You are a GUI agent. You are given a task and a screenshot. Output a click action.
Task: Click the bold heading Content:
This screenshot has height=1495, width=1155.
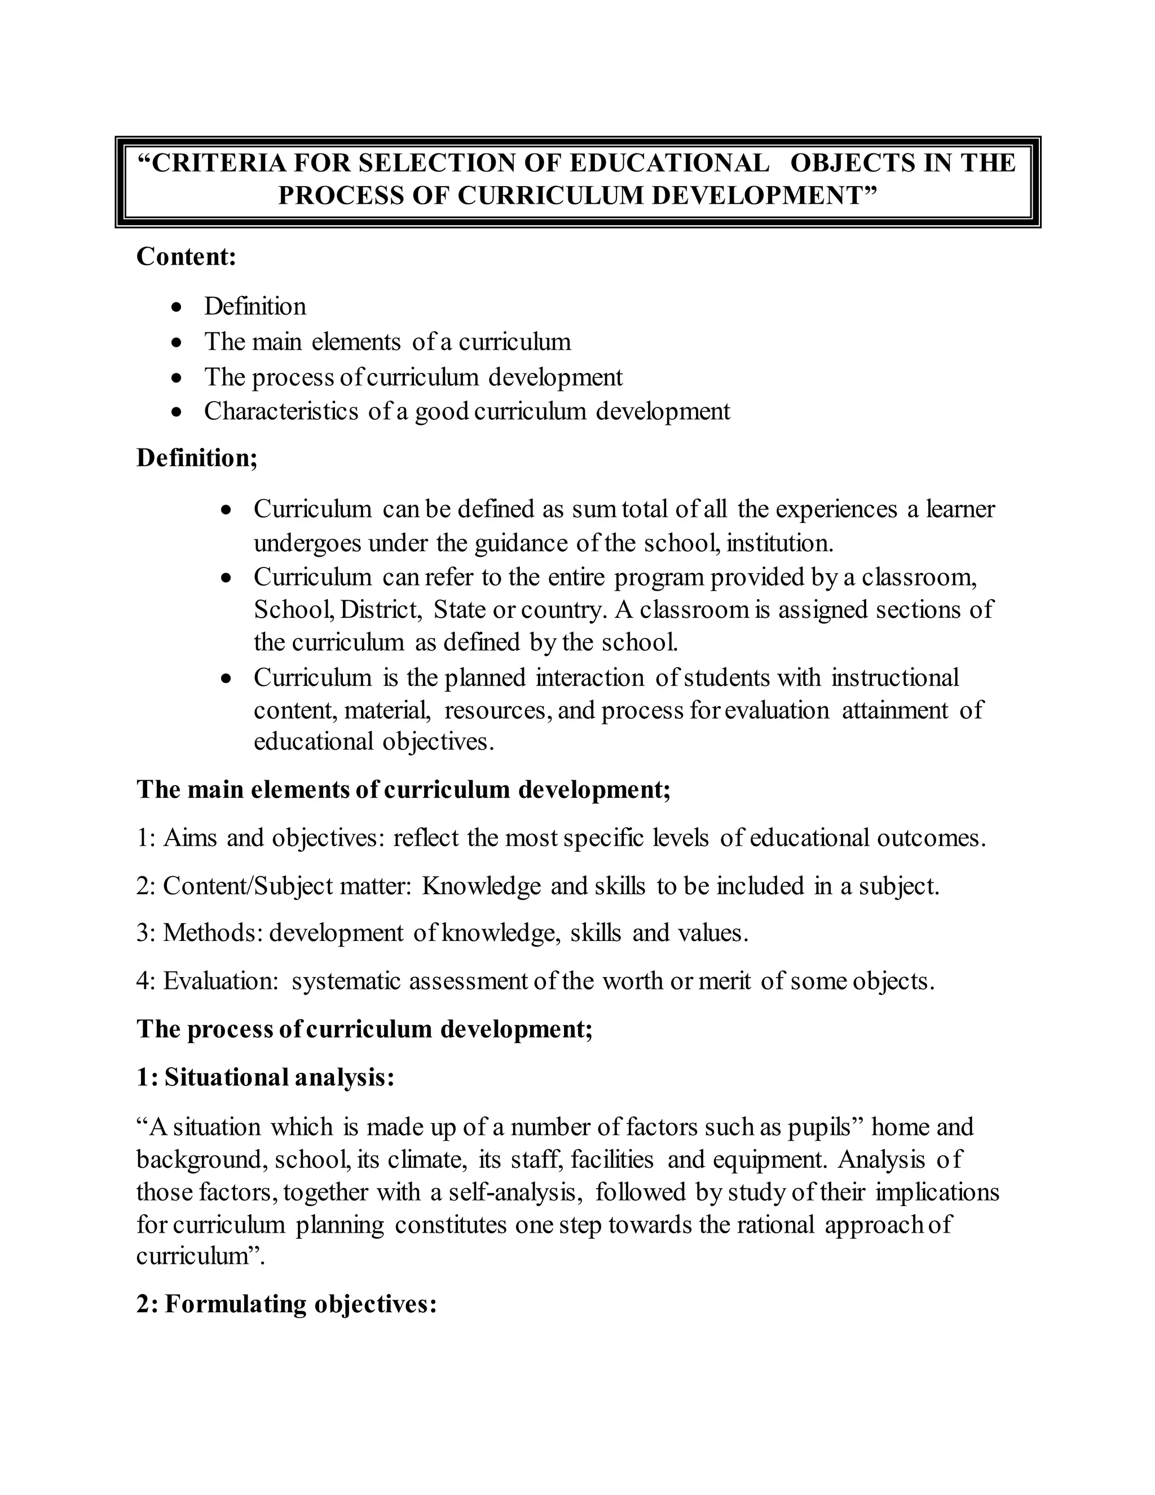[186, 257]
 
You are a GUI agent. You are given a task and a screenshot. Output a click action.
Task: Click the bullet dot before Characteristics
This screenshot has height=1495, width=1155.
[177, 412]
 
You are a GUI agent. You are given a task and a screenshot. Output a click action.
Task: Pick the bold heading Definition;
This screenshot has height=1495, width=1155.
[197, 458]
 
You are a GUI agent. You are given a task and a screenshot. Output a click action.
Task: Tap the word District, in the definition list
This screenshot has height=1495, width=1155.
[381, 609]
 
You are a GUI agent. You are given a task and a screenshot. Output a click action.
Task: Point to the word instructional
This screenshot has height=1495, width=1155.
[895, 677]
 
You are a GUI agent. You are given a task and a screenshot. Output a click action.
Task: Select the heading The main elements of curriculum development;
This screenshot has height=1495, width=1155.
[404, 789]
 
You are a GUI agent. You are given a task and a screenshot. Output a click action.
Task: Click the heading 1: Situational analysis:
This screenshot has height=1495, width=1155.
[266, 1078]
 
